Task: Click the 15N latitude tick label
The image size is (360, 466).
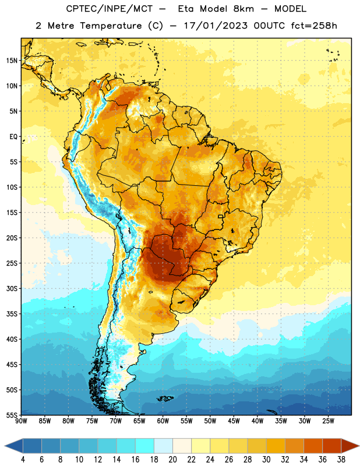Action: [12, 61]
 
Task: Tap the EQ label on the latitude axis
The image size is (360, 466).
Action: [13, 137]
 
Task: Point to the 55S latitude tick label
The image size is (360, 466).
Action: [12, 415]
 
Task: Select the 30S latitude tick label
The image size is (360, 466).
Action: [12, 288]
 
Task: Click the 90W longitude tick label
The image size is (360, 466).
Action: [21, 421]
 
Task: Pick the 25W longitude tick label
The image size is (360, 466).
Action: [328, 421]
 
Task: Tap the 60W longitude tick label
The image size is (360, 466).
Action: [163, 421]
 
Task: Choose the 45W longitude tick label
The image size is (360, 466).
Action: [234, 421]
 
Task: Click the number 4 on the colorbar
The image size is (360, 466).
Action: [23, 460]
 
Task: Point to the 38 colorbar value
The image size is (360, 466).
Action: [341, 460]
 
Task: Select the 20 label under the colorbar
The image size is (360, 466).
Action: [172, 460]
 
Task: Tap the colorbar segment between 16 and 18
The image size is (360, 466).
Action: [145, 446]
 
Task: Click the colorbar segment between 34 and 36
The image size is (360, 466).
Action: [313, 446]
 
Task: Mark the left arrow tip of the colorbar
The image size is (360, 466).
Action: [5, 446]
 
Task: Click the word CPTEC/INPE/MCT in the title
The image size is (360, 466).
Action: [109, 9]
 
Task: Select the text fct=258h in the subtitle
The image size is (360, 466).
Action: [314, 26]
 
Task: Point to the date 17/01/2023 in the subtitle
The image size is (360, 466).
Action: [216, 26]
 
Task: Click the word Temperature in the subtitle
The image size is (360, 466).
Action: [111, 26]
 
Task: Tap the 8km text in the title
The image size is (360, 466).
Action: [243, 9]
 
